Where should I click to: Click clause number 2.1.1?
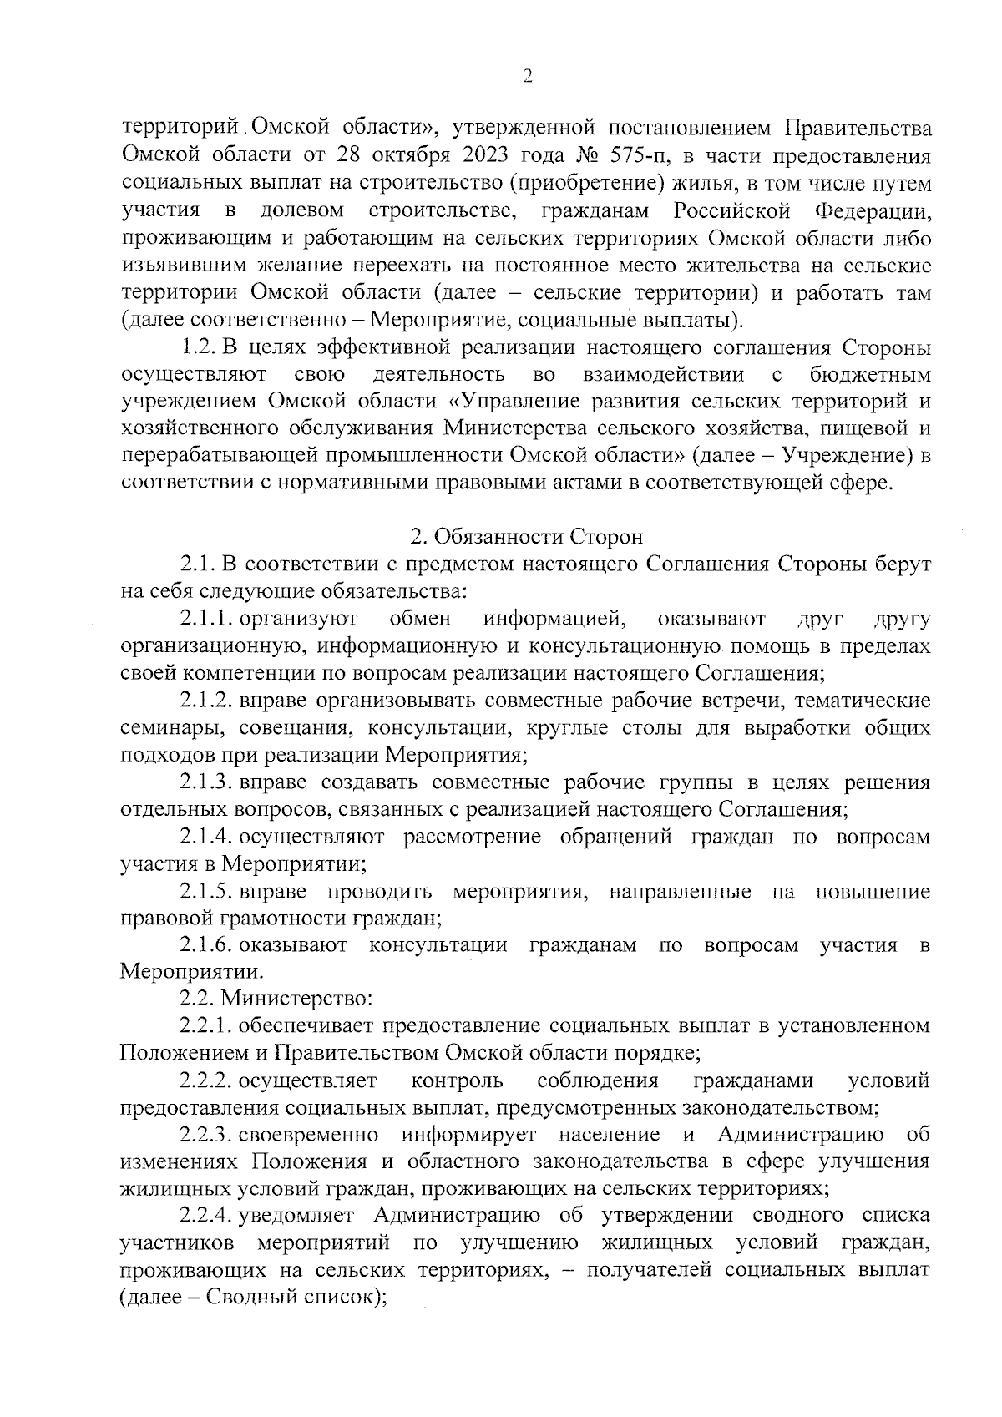click(x=206, y=619)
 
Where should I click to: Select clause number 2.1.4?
click(x=206, y=838)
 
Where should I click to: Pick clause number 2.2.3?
click(x=206, y=1136)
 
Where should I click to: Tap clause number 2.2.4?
click(x=206, y=1214)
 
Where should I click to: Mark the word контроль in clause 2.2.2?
click(x=458, y=1081)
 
